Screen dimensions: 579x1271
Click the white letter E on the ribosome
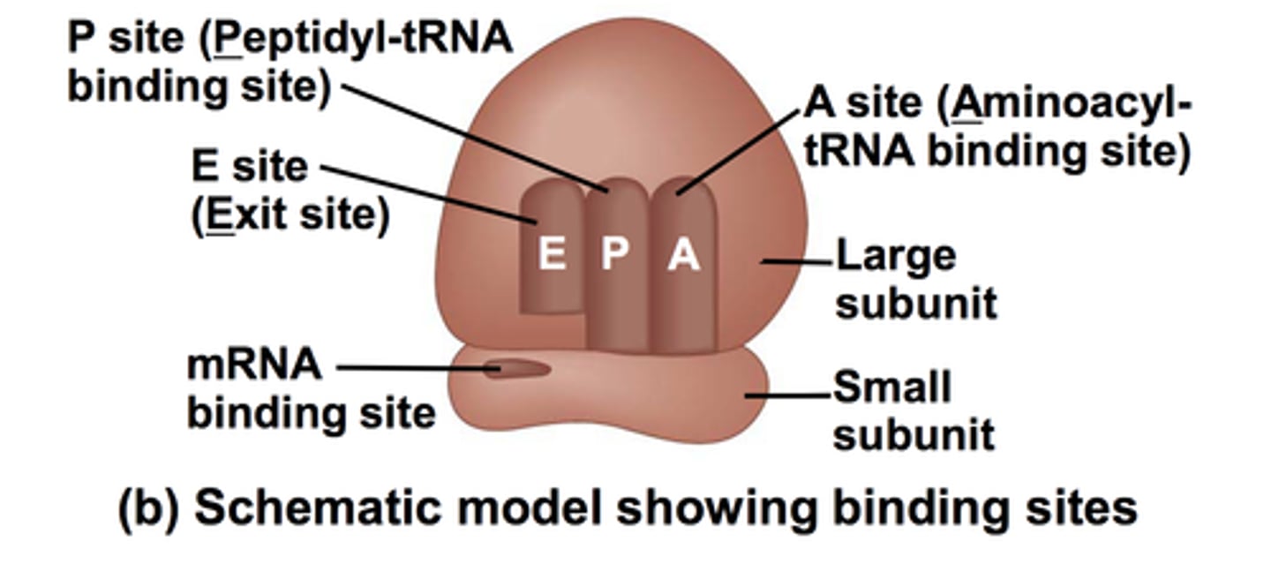click(x=553, y=254)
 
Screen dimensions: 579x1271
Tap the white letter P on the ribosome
click(x=615, y=254)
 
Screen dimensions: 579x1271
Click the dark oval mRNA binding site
click(x=517, y=369)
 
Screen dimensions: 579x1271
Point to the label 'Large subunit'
click(x=915, y=280)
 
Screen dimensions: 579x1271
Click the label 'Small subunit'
click(x=914, y=411)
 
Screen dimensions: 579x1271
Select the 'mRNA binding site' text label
click(x=310, y=389)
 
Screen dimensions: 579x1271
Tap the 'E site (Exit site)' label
click(x=290, y=192)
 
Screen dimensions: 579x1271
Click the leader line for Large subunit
click(x=796, y=261)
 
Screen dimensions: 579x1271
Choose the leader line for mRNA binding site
click(x=410, y=368)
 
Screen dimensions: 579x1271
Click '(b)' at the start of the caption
click(x=148, y=509)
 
